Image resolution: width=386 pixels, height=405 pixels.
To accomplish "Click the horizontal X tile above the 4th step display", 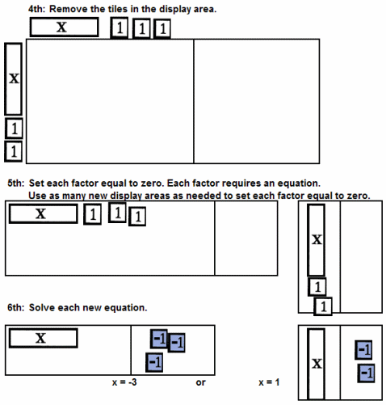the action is tap(64, 27).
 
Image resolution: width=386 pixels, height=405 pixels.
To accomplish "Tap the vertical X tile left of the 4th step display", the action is tap(14, 79).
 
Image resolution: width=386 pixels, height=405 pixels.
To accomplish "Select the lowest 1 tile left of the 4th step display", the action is tap(14, 151).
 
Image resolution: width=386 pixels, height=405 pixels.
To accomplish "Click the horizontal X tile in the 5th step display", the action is tap(44, 213).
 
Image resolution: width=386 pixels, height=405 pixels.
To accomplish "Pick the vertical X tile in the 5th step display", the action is tap(317, 240).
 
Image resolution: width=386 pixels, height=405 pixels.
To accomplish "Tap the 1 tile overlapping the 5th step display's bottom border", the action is tap(323, 306).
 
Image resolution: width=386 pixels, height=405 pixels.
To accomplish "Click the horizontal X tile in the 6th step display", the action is tap(44, 338).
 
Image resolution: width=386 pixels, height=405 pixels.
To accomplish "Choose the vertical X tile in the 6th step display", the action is tap(317, 364).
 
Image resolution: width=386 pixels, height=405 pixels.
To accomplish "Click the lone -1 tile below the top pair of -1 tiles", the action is tap(154, 362).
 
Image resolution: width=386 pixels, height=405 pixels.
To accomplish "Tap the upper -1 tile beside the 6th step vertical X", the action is tap(363, 350).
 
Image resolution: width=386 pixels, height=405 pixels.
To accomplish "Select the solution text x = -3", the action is tap(124, 382).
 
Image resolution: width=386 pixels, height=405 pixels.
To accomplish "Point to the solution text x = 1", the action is tap(269, 382).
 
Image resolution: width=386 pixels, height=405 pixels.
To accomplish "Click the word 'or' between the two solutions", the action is tap(201, 382).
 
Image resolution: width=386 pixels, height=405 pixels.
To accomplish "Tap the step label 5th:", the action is tap(16, 184).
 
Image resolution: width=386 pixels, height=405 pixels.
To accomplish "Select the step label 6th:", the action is tap(16, 307).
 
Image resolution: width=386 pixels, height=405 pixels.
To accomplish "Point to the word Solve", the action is tap(42, 307).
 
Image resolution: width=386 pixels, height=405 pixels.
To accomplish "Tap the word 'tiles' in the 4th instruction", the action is tap(118, 9).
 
